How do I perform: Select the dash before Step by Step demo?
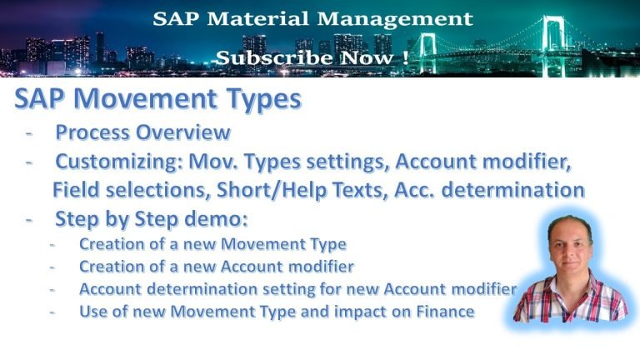[32, 219]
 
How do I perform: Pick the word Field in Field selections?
[72, 190]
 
